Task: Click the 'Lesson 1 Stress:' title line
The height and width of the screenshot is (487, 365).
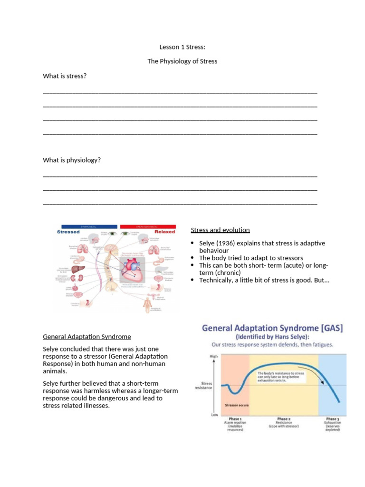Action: tap(182, 48)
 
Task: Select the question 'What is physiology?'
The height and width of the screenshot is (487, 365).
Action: tap(72, 160)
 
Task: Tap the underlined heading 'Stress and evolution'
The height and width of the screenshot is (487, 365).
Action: tap(220, 230)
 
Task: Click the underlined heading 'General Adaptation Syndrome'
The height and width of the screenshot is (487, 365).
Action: tap(86, 337)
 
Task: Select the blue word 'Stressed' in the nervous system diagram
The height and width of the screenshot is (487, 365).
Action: tap(68, 232)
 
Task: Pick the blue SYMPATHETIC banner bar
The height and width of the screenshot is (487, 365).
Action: tap(89, 226)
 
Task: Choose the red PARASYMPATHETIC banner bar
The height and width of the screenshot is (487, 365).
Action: tap(147, 226)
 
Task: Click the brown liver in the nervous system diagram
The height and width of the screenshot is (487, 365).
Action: tap(80, 268)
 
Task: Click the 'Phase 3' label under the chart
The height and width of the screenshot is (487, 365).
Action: tap(332, 419)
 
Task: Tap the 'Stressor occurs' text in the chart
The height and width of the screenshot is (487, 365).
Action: tap(236, 405)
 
